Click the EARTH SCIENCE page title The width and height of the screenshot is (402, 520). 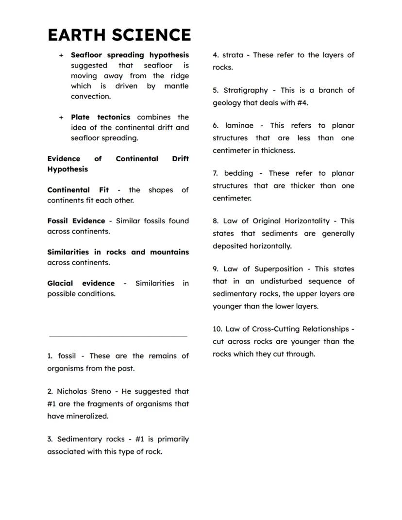pyautogui.click(x=119, y=35)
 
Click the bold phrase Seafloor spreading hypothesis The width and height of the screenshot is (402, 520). pyautogui.click(x=130, y=55)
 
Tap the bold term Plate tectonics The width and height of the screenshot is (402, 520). pyautogui.click(x=100, y=117)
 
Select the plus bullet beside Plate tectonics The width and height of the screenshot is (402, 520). pyautogui.click(x=61, y=117)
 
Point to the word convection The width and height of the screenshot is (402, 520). pyautogui.click(x=90, y=96)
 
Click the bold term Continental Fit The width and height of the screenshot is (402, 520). pyautogui.click(x=78, y=190)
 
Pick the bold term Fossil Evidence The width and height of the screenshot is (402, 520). pyautogui.click(x=76, y=221)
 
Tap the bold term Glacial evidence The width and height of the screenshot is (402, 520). pyautogui.click(x=81, y=283)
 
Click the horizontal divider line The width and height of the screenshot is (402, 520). pyautogui.click(x=118, y=336)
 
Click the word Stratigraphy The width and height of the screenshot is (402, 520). pyautogui.click(x=246, y=90)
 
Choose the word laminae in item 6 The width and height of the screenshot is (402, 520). pyautogui.click(x=239, y=125)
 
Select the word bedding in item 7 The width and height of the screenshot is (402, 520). pyautogui.click(x=238, y=173)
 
